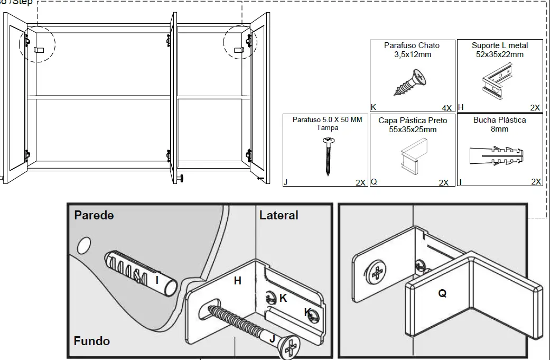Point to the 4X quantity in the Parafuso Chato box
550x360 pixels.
pyautogui.click(x=447, y=108)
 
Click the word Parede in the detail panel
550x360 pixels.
pyautogui.click(x=94, y=215)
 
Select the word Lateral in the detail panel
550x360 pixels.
pyautogui.click(x=278, y=215)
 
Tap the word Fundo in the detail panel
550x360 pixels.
pyautogui.click(x=92, y=341)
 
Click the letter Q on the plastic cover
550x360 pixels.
pyautogui.click(x=442, y=293)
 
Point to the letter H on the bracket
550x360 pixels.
pyautogui.click(x=238, y=281)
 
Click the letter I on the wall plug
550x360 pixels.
pyautogui.click(x=156, y=280)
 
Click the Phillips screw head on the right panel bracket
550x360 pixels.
pyautogui.click(x=376, y=273)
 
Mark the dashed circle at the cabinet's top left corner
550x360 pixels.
pyautogui.click(x=36, y=43)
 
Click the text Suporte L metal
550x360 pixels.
pyautogui.click(x=499, y=45)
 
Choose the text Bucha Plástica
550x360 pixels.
pyautogui.click(x=499, y=120)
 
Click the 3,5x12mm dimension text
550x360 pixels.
pyautogui.click(x=412, y=54)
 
